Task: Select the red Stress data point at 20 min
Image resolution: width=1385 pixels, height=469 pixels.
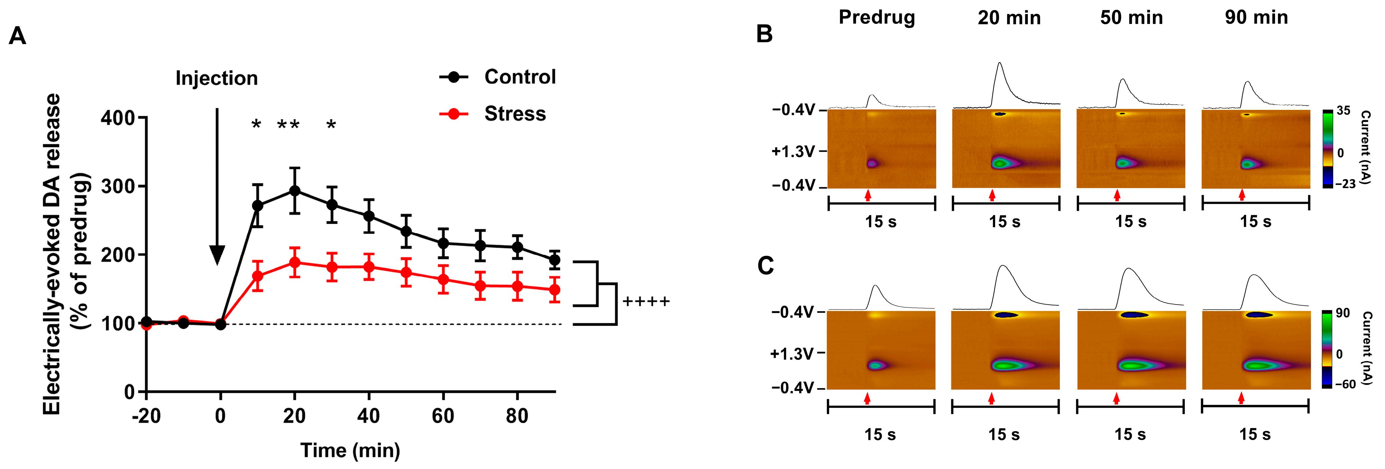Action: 294,262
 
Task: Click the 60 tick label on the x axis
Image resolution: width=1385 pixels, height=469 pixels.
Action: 442,416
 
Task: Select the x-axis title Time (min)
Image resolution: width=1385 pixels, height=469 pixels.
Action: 350,450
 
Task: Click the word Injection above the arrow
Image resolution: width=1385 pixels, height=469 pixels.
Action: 217,79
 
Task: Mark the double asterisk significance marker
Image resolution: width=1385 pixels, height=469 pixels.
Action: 288,125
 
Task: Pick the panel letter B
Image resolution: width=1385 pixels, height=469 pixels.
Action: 764,34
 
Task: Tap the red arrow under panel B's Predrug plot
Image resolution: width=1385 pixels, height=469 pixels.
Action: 868,195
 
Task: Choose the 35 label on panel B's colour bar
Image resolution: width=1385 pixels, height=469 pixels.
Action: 1343,111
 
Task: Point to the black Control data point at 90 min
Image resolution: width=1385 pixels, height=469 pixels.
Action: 554,260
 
